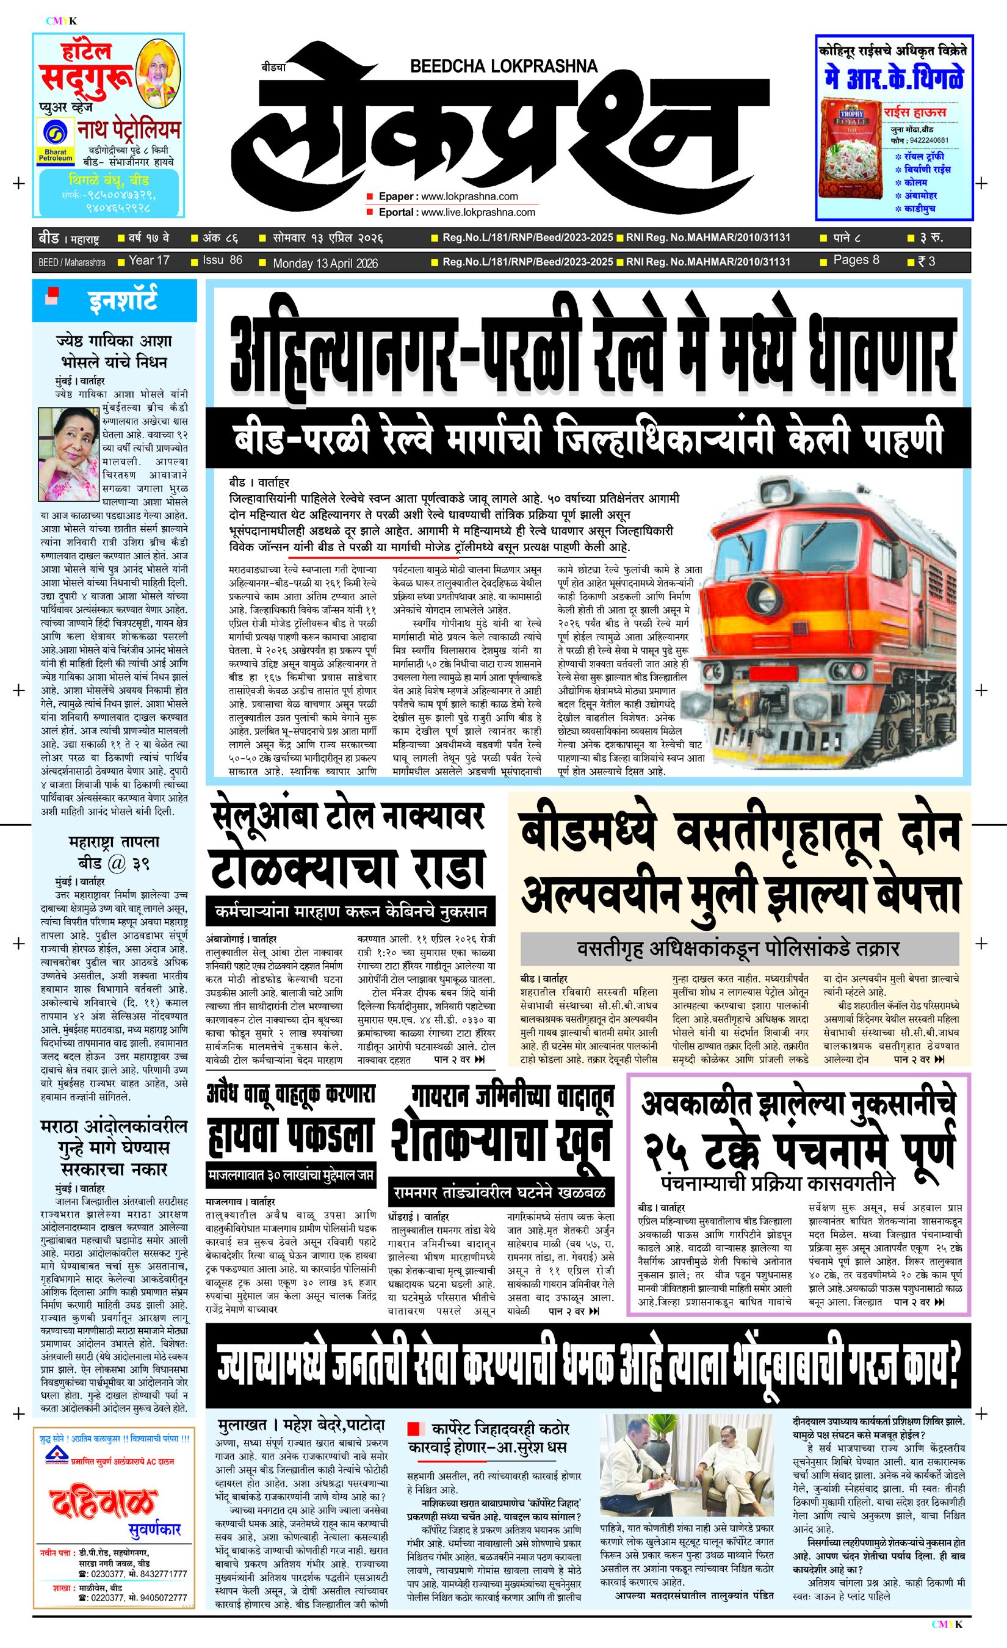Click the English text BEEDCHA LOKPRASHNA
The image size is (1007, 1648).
pyautogui.click(x=504, y=66)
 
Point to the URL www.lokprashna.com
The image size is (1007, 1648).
pyautogui.click(x=469, y=196)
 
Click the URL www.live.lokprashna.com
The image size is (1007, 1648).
pyautogui.click(x=478, y=212)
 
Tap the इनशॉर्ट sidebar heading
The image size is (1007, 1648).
pyautogui.click(x=122, y=300)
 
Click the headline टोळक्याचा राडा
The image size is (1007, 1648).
pyautogui.click(x=348, y=870)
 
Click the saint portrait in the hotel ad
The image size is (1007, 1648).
pyautogui.click(x=159, y=68)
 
